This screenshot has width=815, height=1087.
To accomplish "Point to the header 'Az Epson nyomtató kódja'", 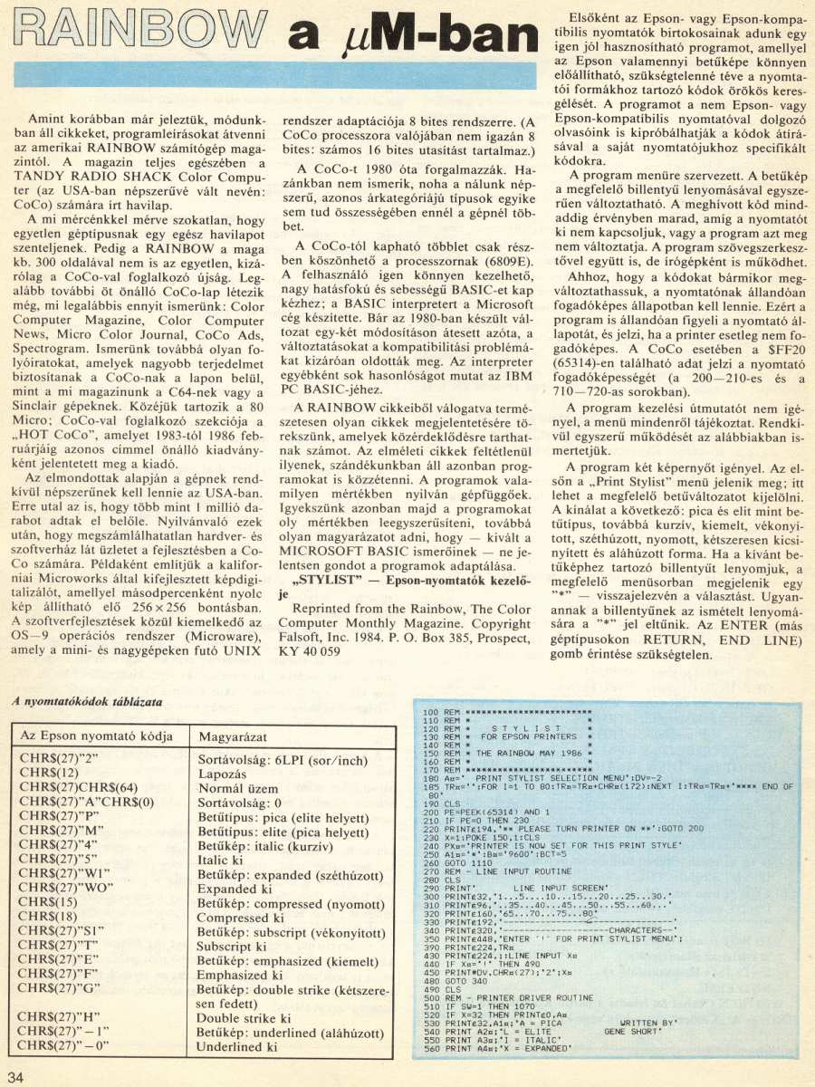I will tap(96, 736).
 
